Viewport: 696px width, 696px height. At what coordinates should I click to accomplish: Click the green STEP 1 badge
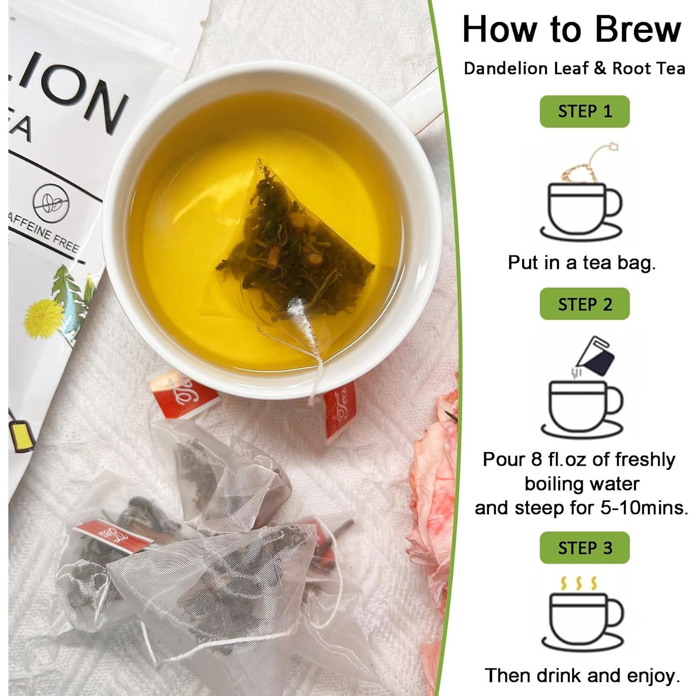(584, 111)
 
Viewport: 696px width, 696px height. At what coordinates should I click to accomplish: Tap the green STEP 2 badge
(584, 304)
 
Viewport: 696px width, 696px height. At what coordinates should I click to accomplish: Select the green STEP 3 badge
(584, 548)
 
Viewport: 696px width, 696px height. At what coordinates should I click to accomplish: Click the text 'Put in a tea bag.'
(581, 263)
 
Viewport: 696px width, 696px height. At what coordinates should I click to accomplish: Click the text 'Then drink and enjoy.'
(582, 675)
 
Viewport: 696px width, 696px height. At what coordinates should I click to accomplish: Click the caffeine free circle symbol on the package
(51, 203)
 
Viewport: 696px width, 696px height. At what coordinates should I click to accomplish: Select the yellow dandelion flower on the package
(44, 318)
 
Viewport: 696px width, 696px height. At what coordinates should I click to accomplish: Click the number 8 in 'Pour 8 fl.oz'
(536, 459)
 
